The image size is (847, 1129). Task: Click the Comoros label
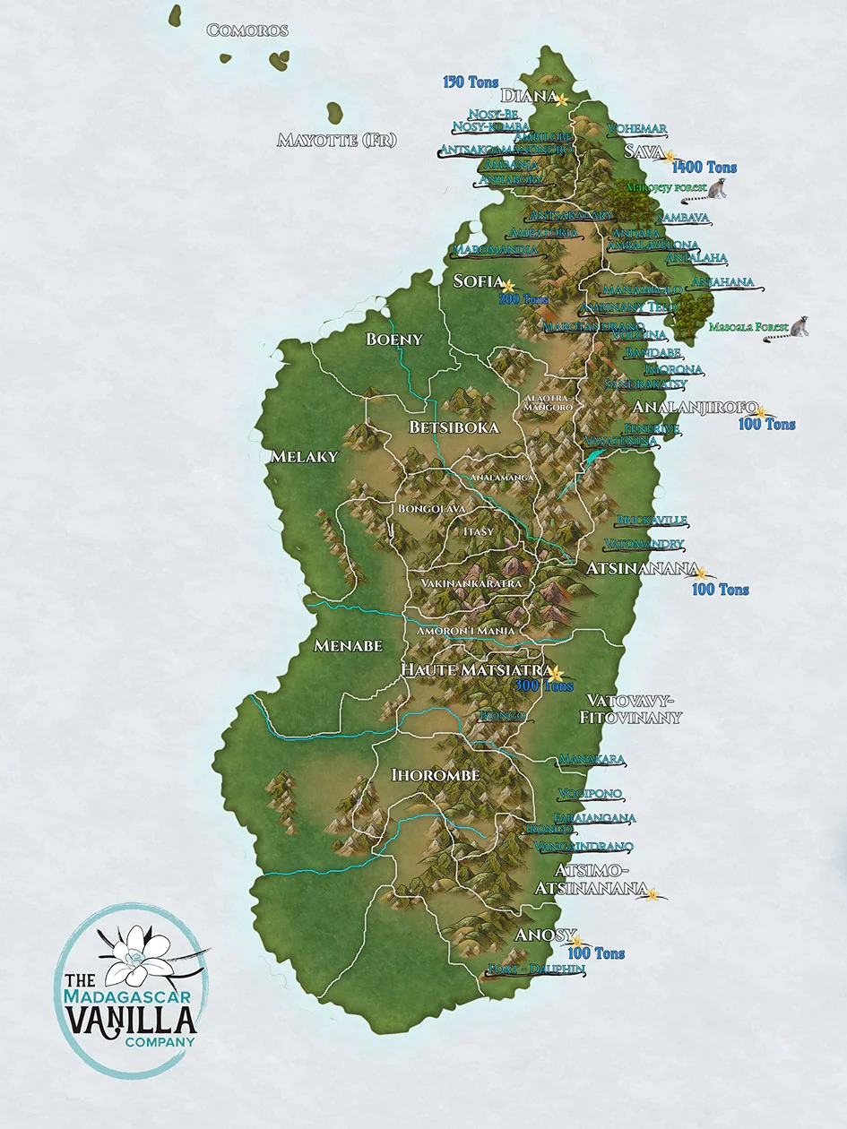click(247, 30)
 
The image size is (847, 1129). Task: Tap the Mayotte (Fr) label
click(336, 140)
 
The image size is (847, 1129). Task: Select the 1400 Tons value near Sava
click(704, 168)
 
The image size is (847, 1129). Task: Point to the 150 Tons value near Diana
click(471, 82)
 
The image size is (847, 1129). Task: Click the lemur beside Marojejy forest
click(717, 189)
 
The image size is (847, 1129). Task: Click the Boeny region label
click(393, 339)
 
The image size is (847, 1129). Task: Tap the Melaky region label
click(304, 457)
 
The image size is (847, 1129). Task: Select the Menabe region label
click(348, 645)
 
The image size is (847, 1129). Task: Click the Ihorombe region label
click(436, 774)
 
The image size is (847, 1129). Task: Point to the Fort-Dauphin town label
click(535, 970)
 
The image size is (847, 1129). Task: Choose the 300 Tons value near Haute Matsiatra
click(544, 686)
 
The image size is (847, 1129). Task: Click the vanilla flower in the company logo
click(136, 950)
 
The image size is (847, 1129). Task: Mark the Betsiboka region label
click(454, 427)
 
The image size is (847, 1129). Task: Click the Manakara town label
click(592, 760)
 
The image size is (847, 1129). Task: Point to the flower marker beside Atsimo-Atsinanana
click(653, 893)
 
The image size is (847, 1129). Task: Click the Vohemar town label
click(636, 128)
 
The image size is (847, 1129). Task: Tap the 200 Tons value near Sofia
click(523, 299)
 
